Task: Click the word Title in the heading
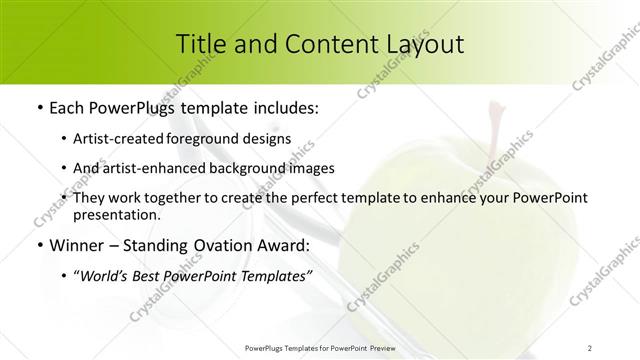[200, 44]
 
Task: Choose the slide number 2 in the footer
[591, 347]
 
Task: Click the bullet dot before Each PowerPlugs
[38, 106]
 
